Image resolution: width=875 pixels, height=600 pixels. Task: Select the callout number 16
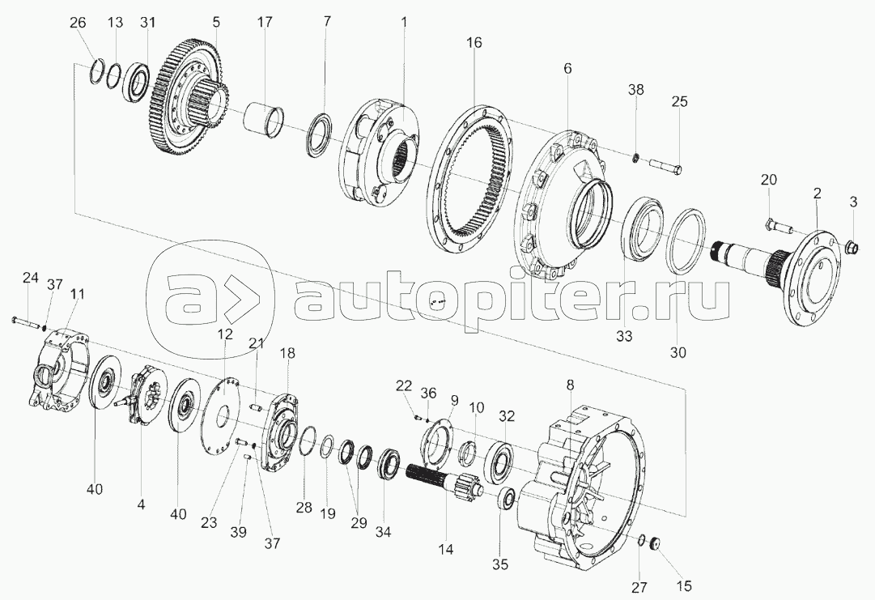pos(474,43)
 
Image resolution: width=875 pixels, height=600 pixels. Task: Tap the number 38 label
pos(636,91)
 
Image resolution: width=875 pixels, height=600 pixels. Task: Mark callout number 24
pos(30,279)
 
